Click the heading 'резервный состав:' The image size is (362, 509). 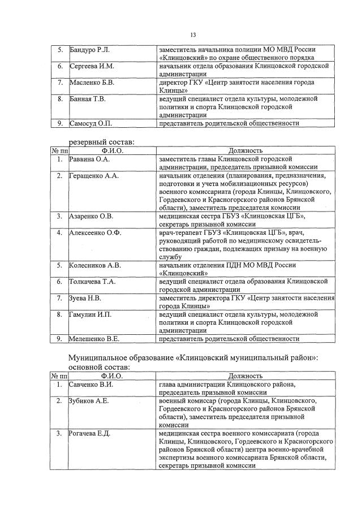pos(102,141)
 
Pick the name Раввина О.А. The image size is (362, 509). pos(89,159)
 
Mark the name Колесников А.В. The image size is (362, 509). pos(95,265)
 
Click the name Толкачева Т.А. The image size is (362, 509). pos(93,281)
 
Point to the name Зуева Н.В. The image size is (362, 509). pos(85,297)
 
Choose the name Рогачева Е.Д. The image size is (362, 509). pos(89,433)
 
